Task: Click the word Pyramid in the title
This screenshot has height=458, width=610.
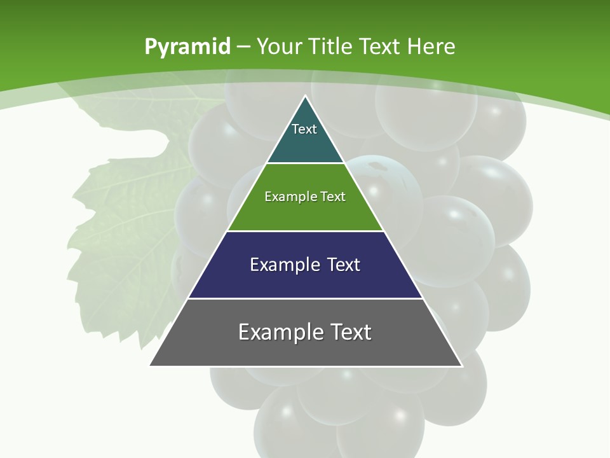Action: tap(187, 47)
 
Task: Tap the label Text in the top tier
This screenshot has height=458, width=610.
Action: tap(304, 129)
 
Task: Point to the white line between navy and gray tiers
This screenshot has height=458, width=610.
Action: tap(305, 298)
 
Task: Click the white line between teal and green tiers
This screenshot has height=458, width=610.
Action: tap(305, 163)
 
